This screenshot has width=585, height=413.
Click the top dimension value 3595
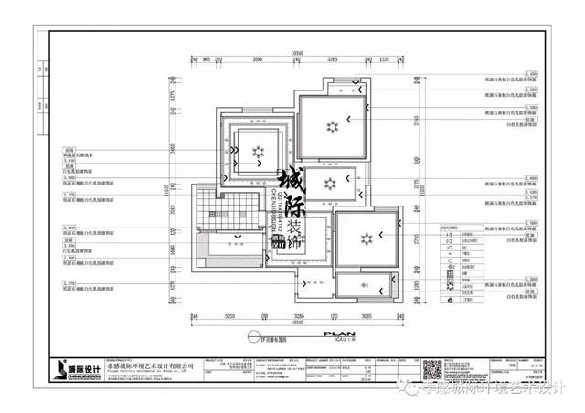click(258, 59)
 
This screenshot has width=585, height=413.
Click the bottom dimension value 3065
click(366, 315)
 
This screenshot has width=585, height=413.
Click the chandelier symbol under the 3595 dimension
click(259, 150)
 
